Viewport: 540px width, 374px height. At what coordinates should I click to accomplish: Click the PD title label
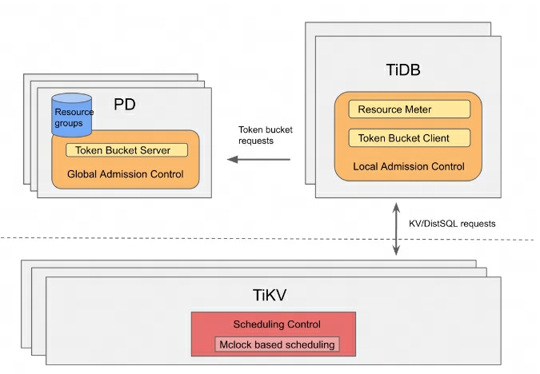(124, 105)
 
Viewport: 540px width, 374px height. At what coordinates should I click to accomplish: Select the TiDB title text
(399, 71)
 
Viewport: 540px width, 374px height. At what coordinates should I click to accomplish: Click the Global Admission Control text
(125, 173)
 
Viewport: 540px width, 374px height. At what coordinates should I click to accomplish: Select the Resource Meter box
(409, 109)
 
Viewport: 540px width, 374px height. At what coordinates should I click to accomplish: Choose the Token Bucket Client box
(409, 138)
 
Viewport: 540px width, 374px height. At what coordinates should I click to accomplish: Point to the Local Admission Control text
(409, 167)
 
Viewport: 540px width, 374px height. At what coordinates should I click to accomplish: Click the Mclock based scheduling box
(276, 344)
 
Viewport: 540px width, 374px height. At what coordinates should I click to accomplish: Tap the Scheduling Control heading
(276, 324)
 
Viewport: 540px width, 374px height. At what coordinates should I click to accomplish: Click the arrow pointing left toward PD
(258, 159)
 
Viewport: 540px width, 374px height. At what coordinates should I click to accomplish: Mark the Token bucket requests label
(260, 134)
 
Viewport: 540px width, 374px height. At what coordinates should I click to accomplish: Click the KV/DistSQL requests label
(453, 224)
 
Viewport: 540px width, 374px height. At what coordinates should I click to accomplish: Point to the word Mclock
(237, 344)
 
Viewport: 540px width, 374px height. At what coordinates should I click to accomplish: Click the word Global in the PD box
(82, 173)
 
